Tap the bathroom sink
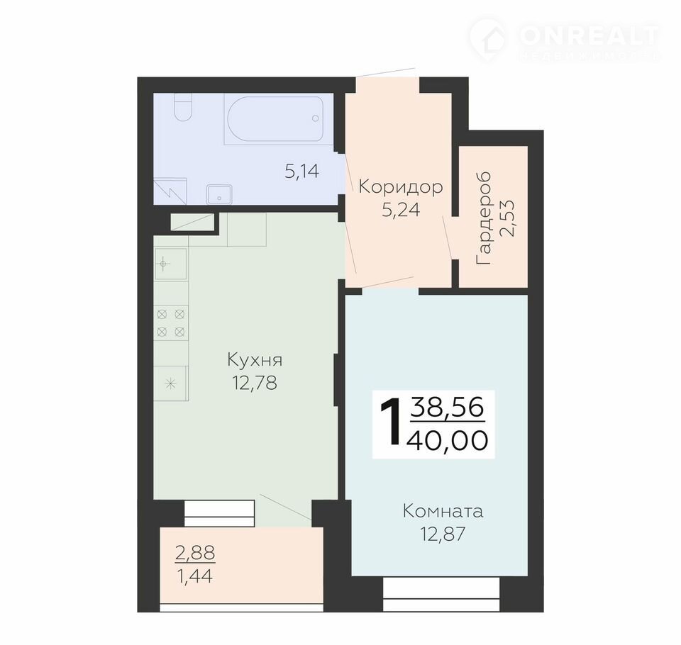[219, 194]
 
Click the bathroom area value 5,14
[302, 172]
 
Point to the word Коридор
[400, 187]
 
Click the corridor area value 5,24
[401, 210]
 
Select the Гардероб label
[483, 218]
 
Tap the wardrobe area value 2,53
[507, 218]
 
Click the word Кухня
[255, 360]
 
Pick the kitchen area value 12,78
[255, 383]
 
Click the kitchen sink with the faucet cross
[171, 264]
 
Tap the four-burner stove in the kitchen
[171, 323]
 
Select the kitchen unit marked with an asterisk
[171, 383]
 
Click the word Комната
[443, 511]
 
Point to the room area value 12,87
[443, 534]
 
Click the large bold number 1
[390, 422]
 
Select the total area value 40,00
[447, 440]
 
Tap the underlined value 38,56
[448, 408]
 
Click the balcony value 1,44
[194, 576]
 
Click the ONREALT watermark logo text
[589, 35]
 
